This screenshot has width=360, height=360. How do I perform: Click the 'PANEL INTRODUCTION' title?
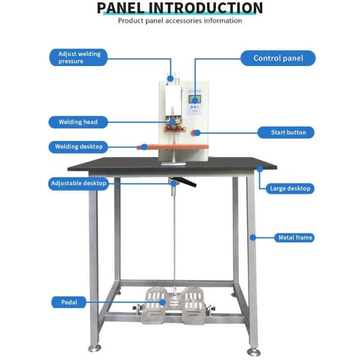pos(180,8)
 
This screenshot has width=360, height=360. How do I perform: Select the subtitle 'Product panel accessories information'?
pos(180,21)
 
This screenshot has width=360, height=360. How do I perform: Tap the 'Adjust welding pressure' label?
pos(79,58)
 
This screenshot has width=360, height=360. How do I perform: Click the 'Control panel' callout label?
pos(278,58)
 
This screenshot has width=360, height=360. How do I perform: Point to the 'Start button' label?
pos(286,133)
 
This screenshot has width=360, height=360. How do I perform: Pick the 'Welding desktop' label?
pos(78,146)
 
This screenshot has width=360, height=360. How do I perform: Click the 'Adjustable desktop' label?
pos(79,184)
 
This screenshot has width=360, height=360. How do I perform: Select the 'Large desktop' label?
pos(290,188)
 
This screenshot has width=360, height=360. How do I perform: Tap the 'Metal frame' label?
pos(295,238)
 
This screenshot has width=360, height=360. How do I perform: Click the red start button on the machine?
pos(196,133)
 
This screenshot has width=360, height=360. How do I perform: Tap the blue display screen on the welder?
pos(195,100)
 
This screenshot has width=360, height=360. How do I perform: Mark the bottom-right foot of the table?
pos(254,350)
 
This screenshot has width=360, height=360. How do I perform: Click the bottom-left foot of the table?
pos(94,347)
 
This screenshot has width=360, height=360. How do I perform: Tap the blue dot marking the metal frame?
pos(253,238)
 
